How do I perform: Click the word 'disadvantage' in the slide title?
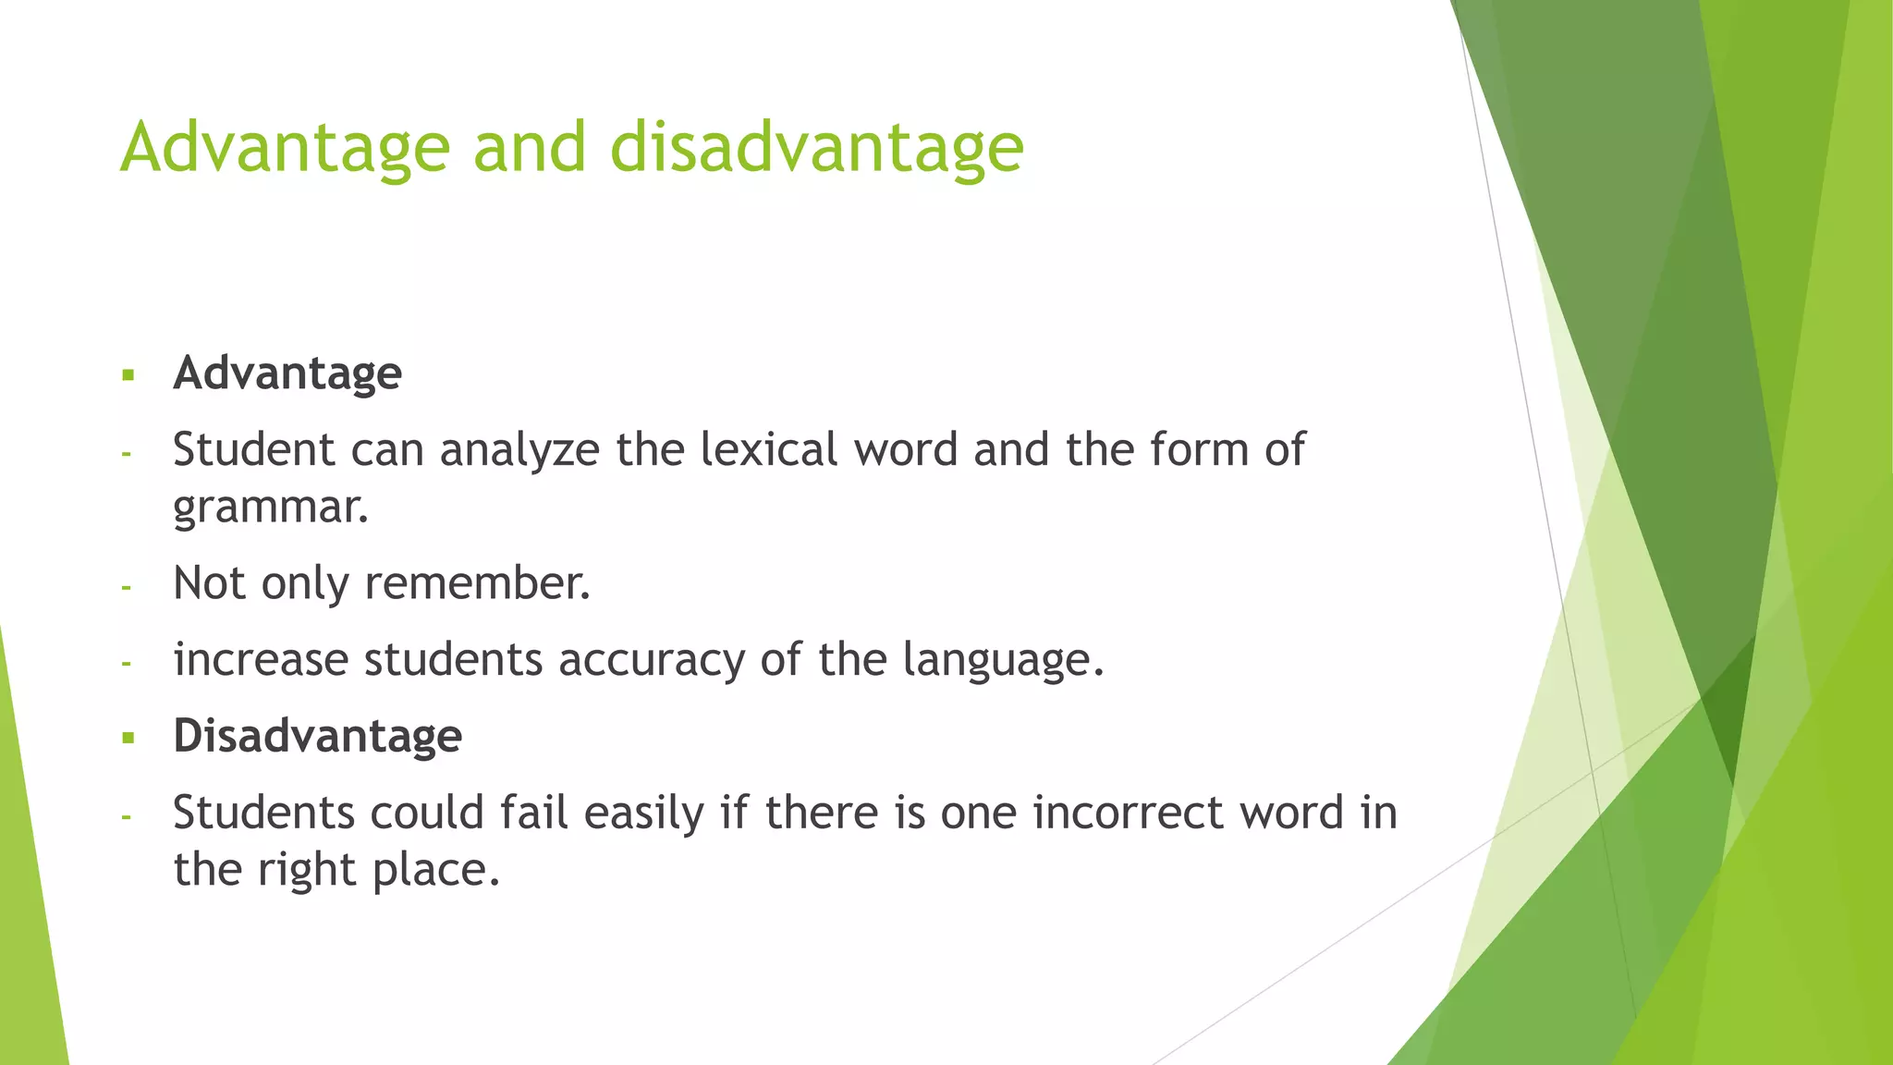(x=816, y=148)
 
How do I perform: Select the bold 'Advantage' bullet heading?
(x=287, y=373)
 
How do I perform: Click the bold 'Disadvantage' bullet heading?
(x=317, y=736)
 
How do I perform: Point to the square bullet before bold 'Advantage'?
(x=128, y=375)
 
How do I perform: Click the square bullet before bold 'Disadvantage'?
(x=128, y=738)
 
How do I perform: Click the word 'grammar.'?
(x=271, y=508)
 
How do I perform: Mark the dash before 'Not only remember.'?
(x=127, y=587)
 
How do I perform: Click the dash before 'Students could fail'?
(x=127, y=816)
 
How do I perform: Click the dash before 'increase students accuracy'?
(x=127, y=663)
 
